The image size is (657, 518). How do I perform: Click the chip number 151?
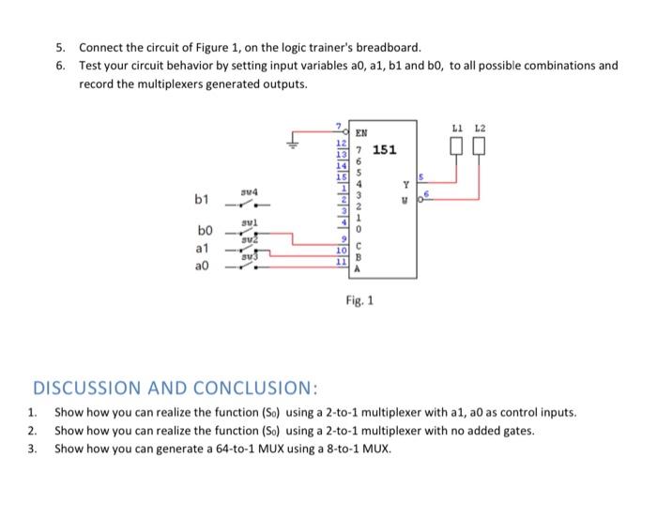(385, 149)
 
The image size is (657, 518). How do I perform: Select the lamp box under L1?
(457, 147)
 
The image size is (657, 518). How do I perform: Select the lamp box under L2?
(480, 147)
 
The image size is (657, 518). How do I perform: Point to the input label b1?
(202, 200)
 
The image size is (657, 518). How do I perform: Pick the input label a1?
(202, 249)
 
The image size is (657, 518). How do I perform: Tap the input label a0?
(202, 266)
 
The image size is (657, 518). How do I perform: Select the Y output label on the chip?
(405, 185)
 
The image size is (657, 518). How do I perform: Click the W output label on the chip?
(405, 197)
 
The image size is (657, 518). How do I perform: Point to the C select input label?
(357, 246)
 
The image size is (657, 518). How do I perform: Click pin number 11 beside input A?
(343, 261)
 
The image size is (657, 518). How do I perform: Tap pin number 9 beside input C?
(344, 240)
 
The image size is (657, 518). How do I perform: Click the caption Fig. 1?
(357, 302)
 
